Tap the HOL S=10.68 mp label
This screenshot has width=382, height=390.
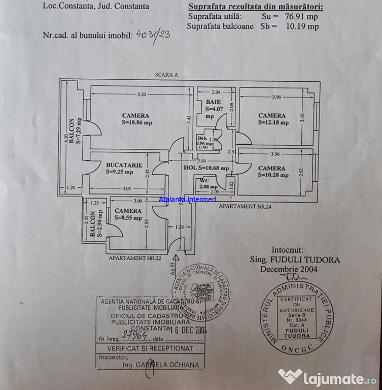pyautogui.click(x=206, y=168)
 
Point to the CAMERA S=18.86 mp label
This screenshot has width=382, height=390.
pyautogui.click(x=135, y=119)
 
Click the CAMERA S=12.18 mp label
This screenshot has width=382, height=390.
pyautogui.click(x=272, y=119)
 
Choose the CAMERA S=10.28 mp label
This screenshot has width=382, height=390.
pyautogui.click(x=272, y=172)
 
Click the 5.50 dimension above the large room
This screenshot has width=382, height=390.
pyautogui.click(x=142, y=94)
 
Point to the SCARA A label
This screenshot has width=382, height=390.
pyautogui.click(x=166, y=75)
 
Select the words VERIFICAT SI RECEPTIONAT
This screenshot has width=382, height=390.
pyautogui.click(x=147, y=349)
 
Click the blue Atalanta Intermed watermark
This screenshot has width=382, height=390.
pyautogui.click(x=187, y=200)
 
